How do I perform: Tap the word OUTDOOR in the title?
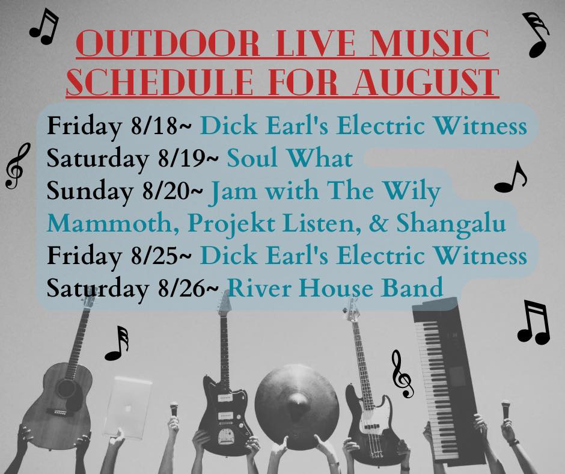pos(168,43)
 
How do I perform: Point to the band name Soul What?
pos(290,159)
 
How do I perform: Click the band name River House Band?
pos(335,288)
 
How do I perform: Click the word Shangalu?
pos(451,224)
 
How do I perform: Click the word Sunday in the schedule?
pos(90,192)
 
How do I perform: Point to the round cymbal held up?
pos(297,401)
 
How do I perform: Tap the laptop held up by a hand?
pos(128,408)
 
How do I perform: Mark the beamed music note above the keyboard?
pos(534,322)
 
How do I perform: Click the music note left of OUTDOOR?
pos(44,26)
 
